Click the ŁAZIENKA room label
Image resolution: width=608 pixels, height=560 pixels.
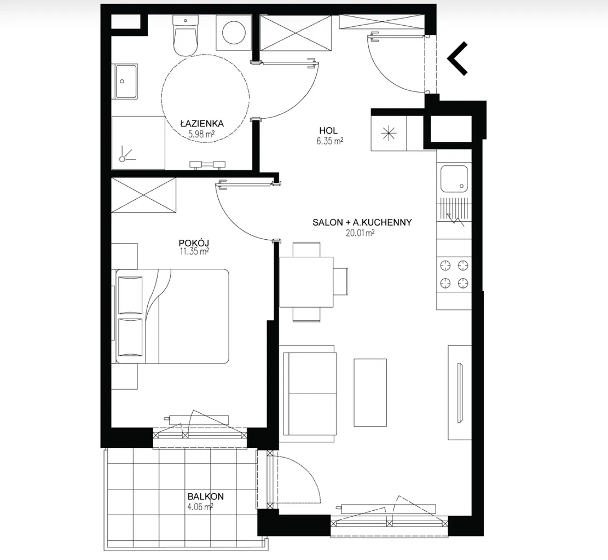click(202, 124)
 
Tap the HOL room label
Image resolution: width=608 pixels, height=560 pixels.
click(328, 131)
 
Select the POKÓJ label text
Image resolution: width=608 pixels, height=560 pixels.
click(194, 243)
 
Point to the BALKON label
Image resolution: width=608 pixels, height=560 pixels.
click(206, 497)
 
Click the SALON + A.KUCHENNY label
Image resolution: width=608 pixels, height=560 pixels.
click(362, 222)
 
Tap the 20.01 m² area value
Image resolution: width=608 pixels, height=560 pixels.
click(360, 233)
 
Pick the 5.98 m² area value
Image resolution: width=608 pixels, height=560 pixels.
click(201, 134)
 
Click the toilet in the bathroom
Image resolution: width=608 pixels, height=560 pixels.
click(186, 36)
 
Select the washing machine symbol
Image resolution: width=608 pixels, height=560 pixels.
click(234, 33)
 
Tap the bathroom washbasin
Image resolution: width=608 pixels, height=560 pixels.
click(126, 82)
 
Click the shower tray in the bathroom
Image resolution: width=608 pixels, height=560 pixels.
click(138, 143)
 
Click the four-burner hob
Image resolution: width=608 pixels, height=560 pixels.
click(454, 275)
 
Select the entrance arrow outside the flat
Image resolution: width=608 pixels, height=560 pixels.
click(458, 58)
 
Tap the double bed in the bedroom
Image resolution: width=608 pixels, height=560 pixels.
click(172, 316)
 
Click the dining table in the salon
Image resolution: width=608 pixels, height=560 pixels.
click(306, 282)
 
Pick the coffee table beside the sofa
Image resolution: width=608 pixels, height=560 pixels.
click(370, 392)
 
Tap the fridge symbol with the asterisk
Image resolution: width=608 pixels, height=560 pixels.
click(389, 134)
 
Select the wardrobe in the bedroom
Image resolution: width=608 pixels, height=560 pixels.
click(144, 195)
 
